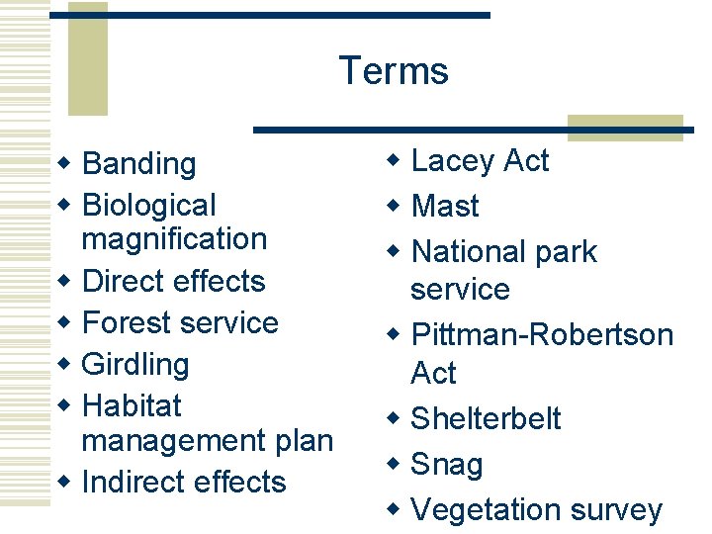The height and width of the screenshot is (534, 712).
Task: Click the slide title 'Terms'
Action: click(x=393, y=71)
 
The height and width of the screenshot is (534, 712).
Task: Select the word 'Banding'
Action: click(x=138, y=163)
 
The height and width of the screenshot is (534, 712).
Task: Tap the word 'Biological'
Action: click(x=148, y=206)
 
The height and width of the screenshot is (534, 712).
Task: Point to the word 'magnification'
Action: click(x=174, y=239)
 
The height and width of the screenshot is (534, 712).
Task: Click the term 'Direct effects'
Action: click(x=173, y=282)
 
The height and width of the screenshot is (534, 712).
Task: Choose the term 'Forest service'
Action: click(x=180, y=323)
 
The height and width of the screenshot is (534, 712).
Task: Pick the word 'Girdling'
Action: click(x=135, y=365)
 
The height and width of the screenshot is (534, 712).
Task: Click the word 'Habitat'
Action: click(x=132, y=406)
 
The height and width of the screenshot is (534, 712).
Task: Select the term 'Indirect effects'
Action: click(x=184, y=483)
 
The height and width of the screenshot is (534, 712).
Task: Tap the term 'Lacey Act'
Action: click(x=480, y=160)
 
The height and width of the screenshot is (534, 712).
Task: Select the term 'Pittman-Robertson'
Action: click(x=541, y=335)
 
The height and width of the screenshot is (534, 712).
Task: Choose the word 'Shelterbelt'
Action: click(x=485, y=418)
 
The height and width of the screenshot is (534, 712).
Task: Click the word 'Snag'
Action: click(x=446, y=465)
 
